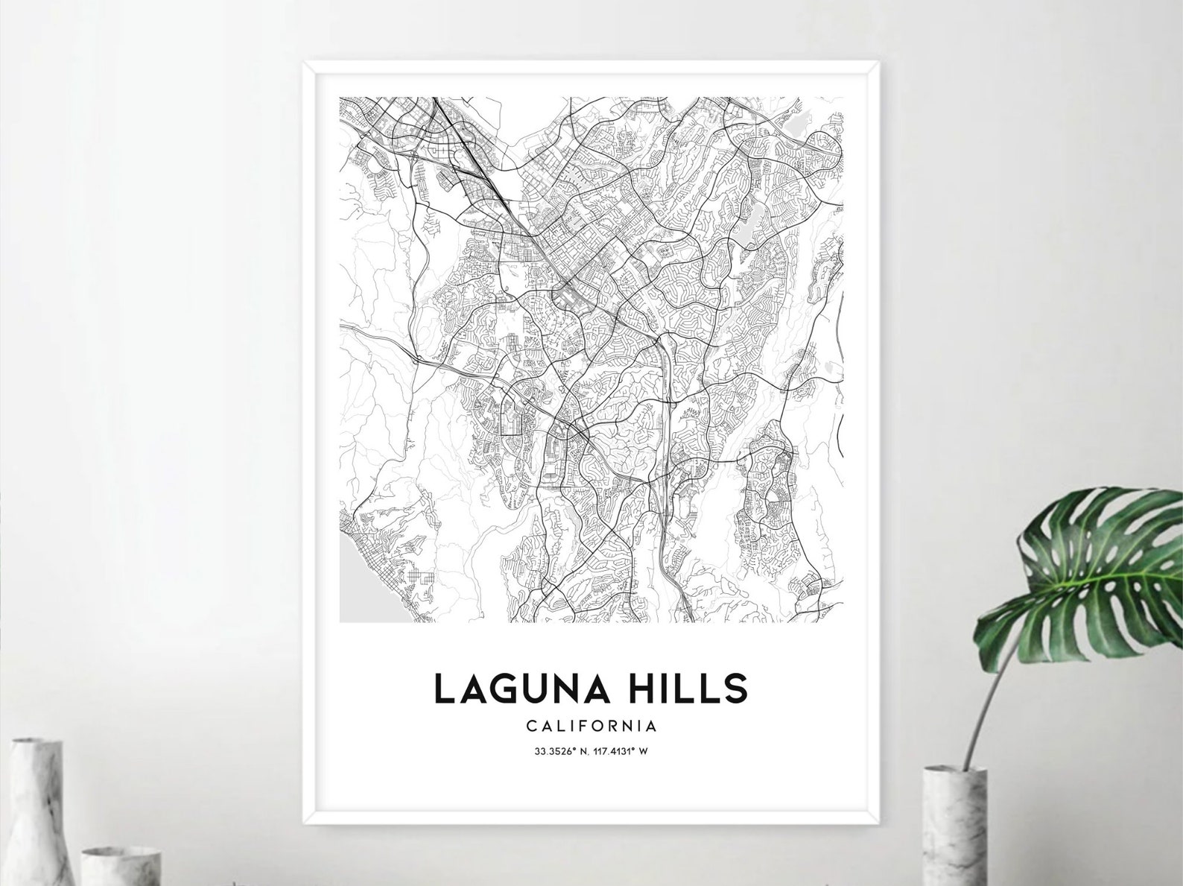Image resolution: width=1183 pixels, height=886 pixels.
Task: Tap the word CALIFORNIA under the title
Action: tap(591, 724)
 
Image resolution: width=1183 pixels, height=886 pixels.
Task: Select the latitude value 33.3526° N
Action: tap(560, 750)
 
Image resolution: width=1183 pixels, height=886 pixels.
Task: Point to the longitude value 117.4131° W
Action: tap(621, 750)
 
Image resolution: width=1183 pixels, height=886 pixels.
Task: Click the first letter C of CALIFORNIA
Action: tap(530, 724)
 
